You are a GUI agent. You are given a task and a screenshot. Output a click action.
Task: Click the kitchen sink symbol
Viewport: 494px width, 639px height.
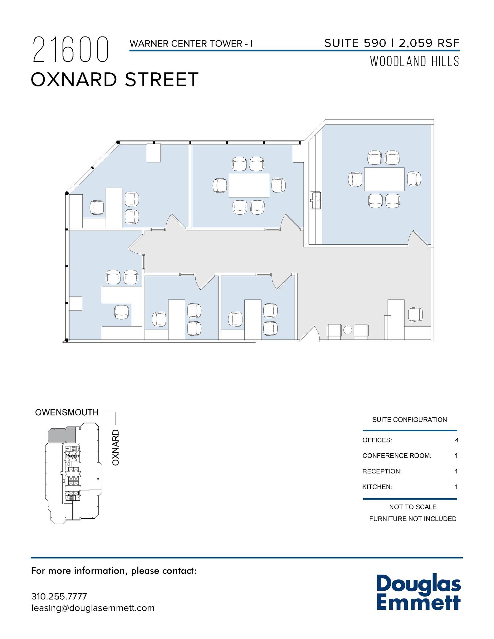[315, 200]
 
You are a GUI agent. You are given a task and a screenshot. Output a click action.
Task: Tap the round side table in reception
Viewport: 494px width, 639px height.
[348, 330]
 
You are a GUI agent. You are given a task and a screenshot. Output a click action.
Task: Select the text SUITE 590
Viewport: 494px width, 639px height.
[355, 43]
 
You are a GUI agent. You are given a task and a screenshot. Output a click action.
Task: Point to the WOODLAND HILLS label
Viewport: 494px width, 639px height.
[414, 61]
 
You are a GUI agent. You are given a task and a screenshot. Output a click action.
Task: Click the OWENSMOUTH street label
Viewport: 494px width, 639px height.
[66, 412]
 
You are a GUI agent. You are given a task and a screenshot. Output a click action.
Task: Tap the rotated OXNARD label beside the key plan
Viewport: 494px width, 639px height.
[116, 447]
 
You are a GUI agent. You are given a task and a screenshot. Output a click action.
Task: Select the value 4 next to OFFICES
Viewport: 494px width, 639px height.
[457, 440]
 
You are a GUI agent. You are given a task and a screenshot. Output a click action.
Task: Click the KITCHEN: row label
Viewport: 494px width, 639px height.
[377, 487]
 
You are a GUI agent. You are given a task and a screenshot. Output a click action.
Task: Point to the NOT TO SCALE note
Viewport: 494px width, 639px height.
[413, 507]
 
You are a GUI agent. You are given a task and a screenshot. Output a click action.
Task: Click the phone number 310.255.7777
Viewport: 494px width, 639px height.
[59, 596]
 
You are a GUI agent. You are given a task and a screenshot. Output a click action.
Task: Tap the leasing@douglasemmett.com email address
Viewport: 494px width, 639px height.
[93, 608]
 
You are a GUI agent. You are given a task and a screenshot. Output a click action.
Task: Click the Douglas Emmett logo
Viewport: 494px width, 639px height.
[418, 593]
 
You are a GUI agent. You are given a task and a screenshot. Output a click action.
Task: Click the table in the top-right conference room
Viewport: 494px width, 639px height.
[384, 179]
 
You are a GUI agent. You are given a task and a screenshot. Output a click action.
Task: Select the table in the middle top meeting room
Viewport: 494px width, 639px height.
[249, 185]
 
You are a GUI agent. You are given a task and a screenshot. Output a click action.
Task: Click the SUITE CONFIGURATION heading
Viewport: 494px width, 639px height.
[409, 420]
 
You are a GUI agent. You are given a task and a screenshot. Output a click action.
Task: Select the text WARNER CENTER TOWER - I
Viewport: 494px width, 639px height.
[191, 44]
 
